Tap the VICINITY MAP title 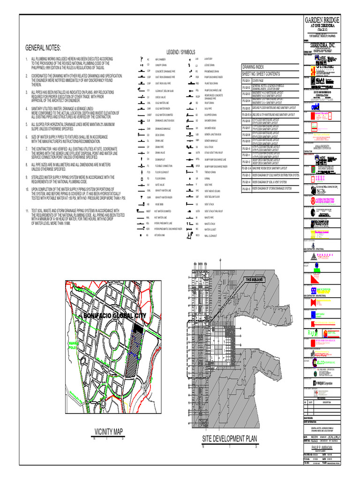108,431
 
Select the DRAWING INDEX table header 253,67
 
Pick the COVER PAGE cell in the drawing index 258,80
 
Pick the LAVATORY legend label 209,59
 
